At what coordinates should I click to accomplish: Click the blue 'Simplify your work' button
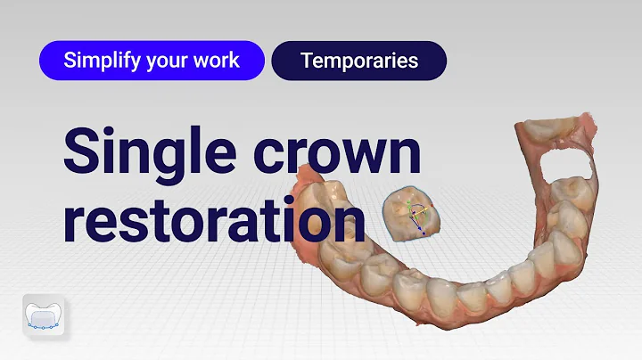coord(152,61)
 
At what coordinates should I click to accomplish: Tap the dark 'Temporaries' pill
coord(359,61)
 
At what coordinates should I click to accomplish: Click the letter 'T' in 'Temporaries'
coord(306,61)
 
